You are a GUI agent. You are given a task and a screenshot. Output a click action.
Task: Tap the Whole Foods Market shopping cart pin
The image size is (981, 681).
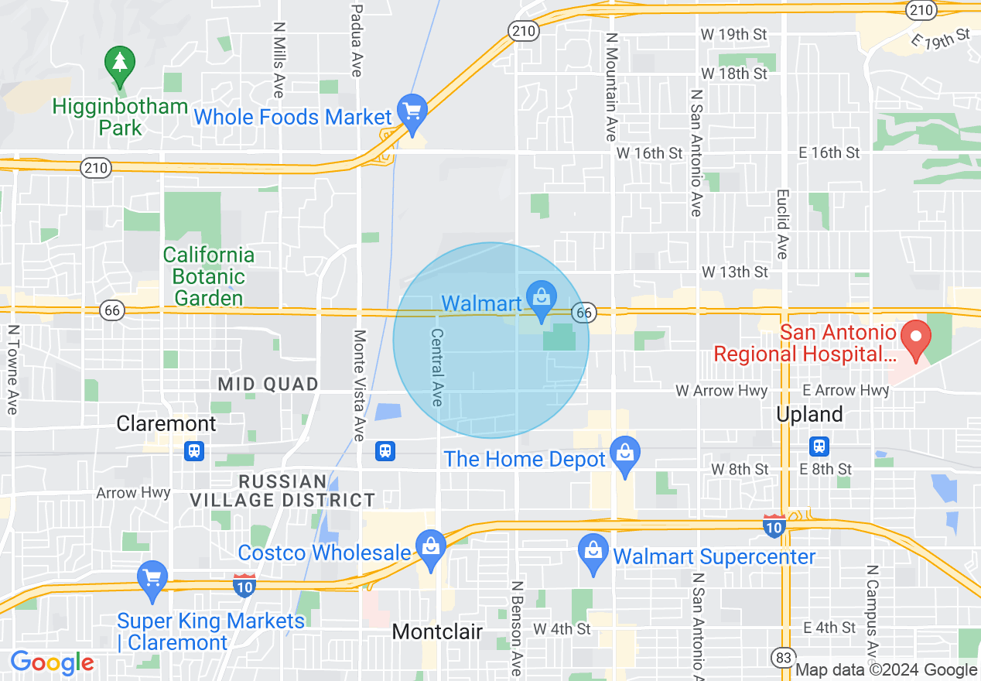[x=412, y=111]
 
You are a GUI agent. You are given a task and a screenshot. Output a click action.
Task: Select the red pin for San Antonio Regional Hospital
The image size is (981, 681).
[x=916, y=338]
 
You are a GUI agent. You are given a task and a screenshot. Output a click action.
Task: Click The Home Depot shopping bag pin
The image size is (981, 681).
[x=624, y=454]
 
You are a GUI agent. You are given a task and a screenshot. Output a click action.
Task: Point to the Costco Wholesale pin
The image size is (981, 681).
[x=431, y=547]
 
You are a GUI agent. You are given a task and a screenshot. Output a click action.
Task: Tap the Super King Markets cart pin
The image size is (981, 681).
[x=152, y=578]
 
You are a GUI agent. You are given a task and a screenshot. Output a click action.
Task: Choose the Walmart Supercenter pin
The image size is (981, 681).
[x=593, y=552]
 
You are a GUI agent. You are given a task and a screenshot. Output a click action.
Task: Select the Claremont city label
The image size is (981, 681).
[x=166, y=423]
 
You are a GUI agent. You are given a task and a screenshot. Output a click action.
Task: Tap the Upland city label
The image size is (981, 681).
[x=809, y=415]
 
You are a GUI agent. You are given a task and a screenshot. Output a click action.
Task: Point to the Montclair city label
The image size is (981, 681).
[x=437, y=631]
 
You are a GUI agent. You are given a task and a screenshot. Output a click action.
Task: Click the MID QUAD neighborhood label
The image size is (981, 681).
[x=268, y=384]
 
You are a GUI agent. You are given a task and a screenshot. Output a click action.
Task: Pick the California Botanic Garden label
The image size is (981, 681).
[x=208, y=276]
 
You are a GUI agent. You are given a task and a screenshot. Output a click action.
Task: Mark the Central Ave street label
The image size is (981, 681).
[x=437, y=367]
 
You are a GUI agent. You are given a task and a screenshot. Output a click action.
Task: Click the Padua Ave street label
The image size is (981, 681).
[x=357, y=39]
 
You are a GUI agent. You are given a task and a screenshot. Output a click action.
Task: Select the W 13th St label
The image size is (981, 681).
[x=735, y=272]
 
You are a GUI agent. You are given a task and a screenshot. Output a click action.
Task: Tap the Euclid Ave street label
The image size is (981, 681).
[x=782, y=224]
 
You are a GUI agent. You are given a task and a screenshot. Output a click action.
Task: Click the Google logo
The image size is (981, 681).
[x=52, y=662]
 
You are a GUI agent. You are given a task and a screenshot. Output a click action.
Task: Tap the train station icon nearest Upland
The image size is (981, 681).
[x=819, y=447]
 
